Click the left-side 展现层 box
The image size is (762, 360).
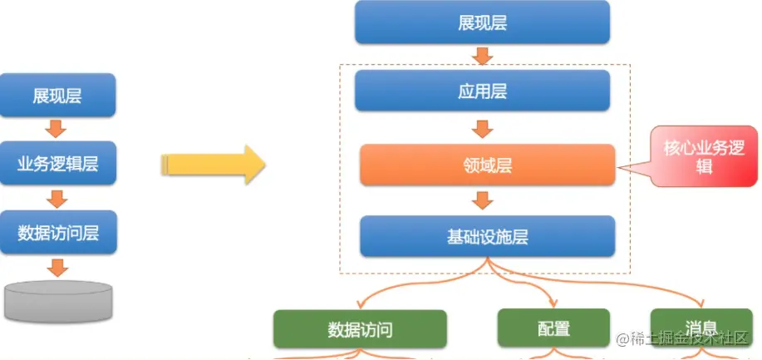pos(57,96)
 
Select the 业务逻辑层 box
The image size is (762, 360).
pos(57,164)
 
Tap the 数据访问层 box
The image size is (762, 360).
pos(57,232)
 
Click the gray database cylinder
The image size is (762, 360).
pos(58,300)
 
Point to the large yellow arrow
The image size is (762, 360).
pos(213,164)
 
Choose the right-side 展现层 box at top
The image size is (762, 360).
pos(482,22)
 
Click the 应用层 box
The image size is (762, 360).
pos(482,91)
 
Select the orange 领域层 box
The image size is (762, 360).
pos(487,165)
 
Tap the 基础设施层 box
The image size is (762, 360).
pos(487,236)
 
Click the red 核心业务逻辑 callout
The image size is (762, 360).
pos(698,156)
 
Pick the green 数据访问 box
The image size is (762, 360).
pos(360,329)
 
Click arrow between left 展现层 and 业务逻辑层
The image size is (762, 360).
pos(57,130)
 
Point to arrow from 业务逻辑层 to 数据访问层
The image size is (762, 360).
pos(57,198)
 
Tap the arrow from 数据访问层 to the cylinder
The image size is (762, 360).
pos(57,267)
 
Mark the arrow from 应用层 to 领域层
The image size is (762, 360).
pos(482,129)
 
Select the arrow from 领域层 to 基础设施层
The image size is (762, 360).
pos(482,200)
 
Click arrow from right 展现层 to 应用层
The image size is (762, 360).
pos(482,56)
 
